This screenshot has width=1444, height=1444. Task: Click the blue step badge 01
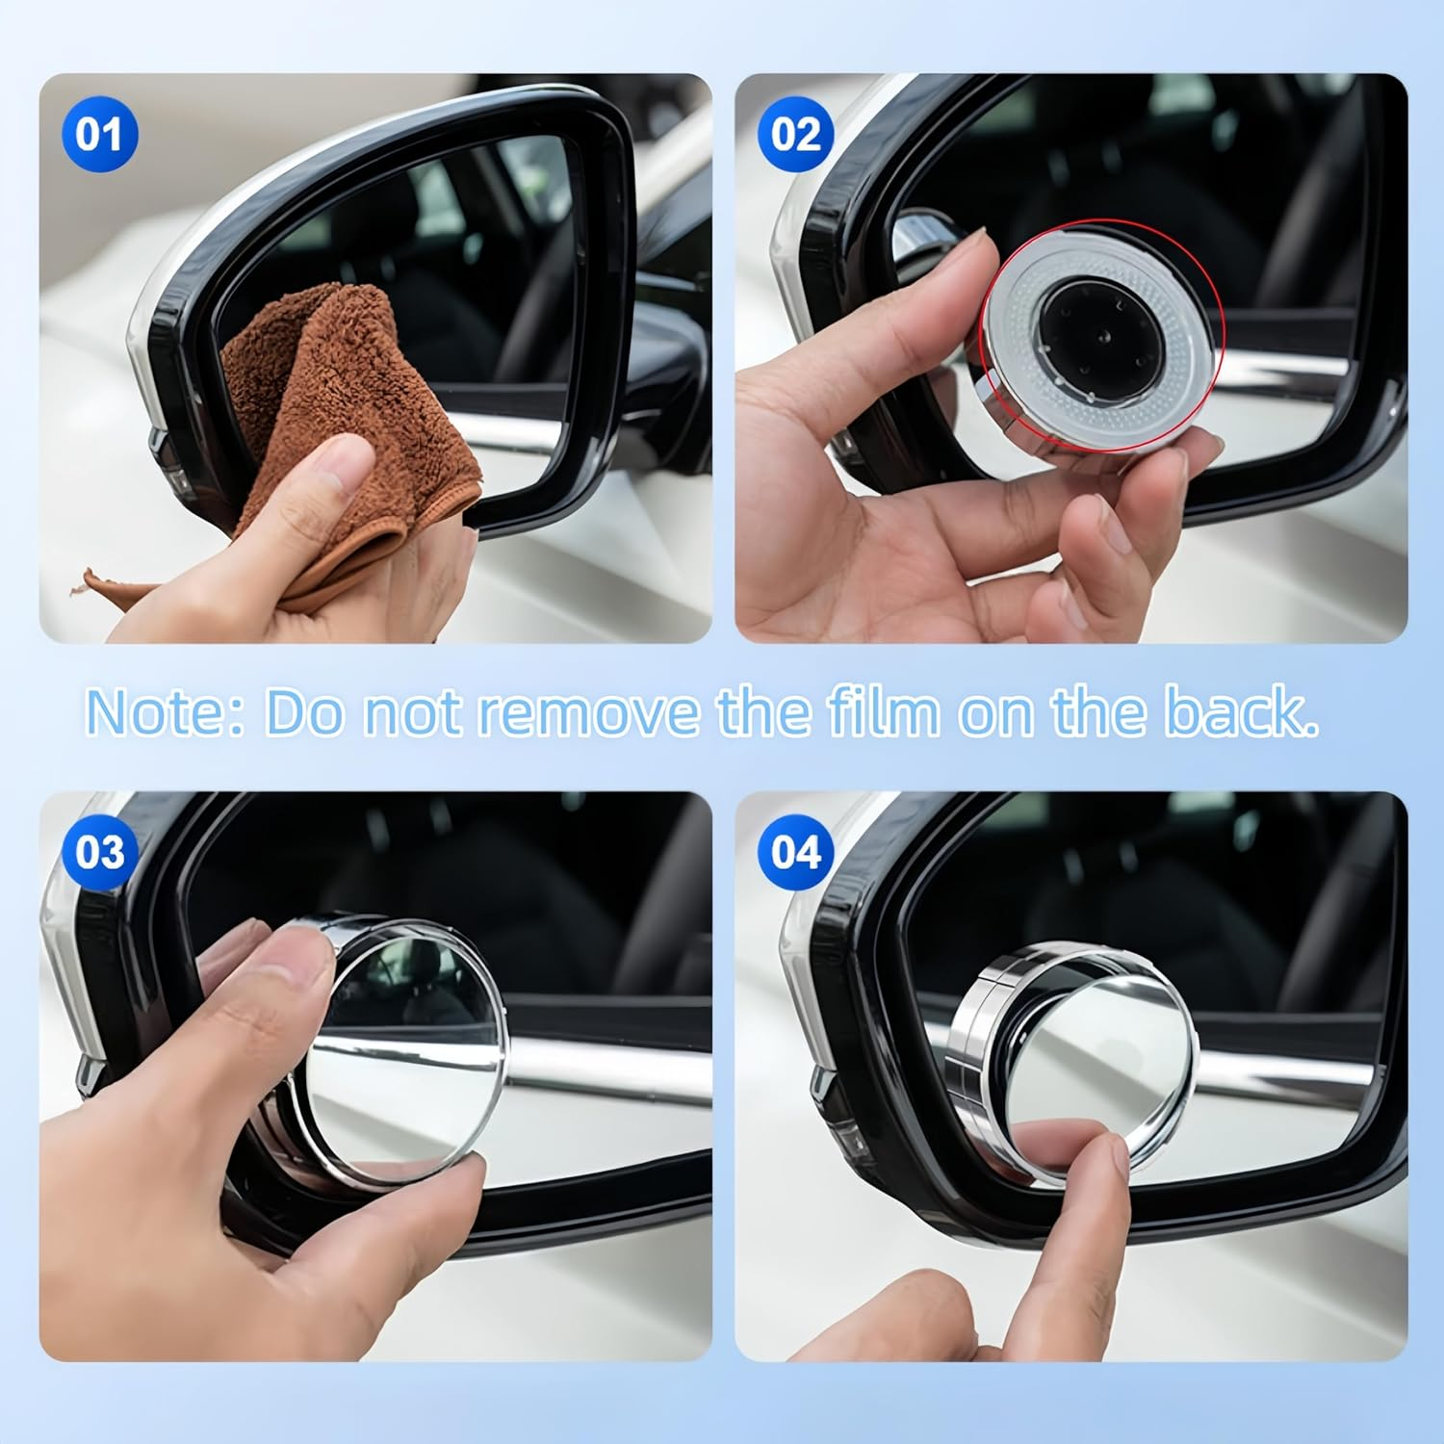coord(99,134)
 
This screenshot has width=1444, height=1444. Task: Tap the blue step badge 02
coord(795,134)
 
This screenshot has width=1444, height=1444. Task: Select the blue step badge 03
coord(99,852)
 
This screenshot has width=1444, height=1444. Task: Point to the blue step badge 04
coord(795,852)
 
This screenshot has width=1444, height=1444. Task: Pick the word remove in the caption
coord(589,712)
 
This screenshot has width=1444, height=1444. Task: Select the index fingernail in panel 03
coord(289,953)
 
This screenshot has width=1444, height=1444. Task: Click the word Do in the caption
coord(303,712)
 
